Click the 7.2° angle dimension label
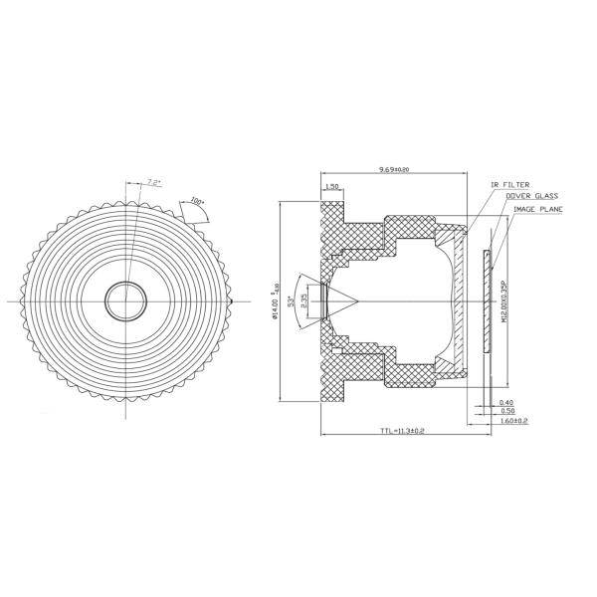(x=153, y=182)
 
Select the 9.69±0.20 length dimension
(x=395, y=170)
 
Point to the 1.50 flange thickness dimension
(x=332, y=186)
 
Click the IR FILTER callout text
(x=510, y=185)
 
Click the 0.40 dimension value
(x=506, y=402)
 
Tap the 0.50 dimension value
(x=506, y=411)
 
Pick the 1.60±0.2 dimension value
(x=512, y=421)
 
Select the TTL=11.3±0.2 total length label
(x=402, y=432)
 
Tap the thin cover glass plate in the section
(x=487, y=300)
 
